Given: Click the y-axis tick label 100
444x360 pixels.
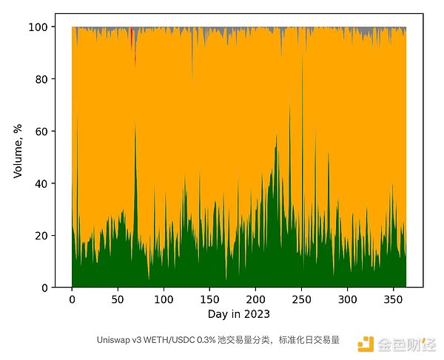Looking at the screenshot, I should pos(41,27).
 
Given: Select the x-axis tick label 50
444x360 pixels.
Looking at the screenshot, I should pos(118,301).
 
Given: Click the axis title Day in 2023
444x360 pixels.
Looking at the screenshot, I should pos(238,314).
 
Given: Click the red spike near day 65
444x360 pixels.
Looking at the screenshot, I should pos(132,37).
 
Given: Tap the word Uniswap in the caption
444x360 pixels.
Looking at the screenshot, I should pos(112,341).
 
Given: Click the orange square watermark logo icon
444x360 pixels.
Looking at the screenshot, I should pos(364,343).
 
